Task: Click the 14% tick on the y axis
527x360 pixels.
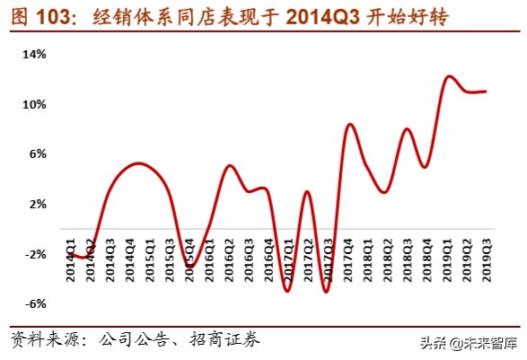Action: (x=34, y=55)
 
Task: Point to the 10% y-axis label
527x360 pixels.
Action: (x=34, y=104)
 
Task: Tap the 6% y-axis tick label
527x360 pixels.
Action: (x=37, y=154)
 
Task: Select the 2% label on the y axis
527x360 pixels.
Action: (x=37, y=204)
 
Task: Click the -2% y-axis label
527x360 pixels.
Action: (x=35, y=254)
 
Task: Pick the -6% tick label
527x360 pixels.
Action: (x=35, y=303)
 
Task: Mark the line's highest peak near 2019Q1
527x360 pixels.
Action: (x=449, y=76)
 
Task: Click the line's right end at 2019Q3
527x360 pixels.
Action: (x=487, y=91)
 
